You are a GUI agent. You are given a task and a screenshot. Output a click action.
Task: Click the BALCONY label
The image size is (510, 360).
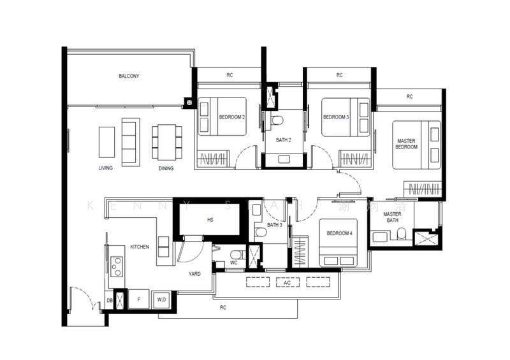(x=129, y=76)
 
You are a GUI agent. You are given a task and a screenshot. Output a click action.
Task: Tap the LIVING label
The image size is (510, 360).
(x=106, y=168)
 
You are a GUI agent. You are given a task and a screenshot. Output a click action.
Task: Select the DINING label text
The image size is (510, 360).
(x=166, y=168)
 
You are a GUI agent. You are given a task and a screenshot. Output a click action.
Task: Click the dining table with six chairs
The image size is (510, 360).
(x=166, y=142)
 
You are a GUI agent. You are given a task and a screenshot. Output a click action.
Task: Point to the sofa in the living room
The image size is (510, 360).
(x=130, y=141)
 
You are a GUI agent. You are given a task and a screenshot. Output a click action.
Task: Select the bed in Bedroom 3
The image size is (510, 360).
(x=346, y=117)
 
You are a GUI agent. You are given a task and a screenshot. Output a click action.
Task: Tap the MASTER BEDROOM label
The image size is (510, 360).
(x=406, y=144)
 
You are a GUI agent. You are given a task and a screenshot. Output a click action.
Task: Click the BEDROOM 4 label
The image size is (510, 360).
(x=339, y=234)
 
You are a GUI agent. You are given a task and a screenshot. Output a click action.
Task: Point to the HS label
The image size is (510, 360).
(x=210, y=220)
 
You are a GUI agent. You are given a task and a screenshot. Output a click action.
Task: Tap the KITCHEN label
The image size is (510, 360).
(x=140, y=247)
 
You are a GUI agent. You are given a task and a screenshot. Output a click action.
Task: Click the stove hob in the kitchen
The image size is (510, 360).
(x=117, y=266)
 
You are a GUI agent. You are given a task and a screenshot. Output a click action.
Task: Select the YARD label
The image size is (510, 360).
(x=194, y=274)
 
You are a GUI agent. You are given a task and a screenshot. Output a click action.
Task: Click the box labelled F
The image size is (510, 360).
(x=138, y=299)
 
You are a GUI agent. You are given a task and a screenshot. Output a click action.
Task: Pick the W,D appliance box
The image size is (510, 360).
(x=161, y=299)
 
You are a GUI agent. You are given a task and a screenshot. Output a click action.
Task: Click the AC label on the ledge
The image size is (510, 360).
(x=288, y=282)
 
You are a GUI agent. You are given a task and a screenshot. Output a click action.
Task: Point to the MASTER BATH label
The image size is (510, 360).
(x=392, y=217)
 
